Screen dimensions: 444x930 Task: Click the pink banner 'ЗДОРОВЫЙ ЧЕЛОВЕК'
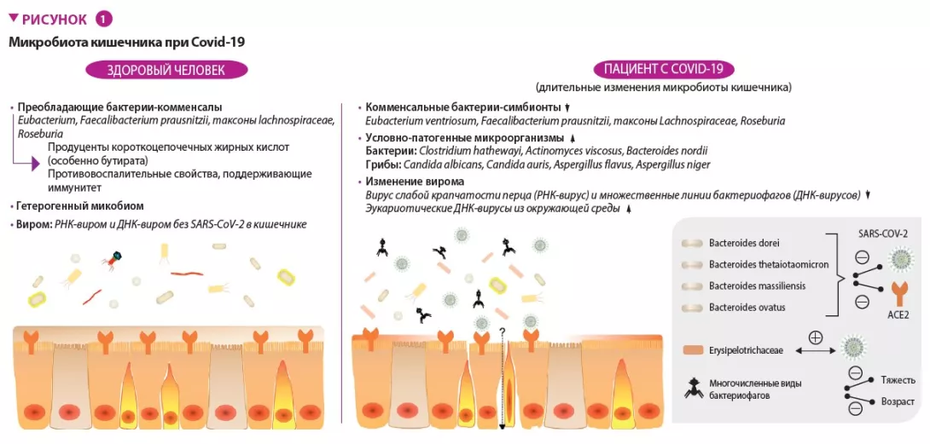(166, 70)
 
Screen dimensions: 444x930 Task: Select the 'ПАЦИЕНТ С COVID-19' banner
(663, 70)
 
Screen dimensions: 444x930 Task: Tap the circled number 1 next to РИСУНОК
(103, 19)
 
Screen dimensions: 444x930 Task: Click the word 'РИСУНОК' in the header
(55, 19)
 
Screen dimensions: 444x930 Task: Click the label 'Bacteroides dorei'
(744, 243)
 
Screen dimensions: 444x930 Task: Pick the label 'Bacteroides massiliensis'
(757, 285)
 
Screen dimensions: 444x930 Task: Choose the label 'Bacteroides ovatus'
(747, 307)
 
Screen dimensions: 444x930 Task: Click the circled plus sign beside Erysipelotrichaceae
(815, 337)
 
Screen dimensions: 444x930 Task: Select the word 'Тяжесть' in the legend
(898, 380)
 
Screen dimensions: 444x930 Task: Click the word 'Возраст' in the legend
(898, 401)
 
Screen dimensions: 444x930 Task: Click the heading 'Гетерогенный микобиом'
(81, 205)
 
